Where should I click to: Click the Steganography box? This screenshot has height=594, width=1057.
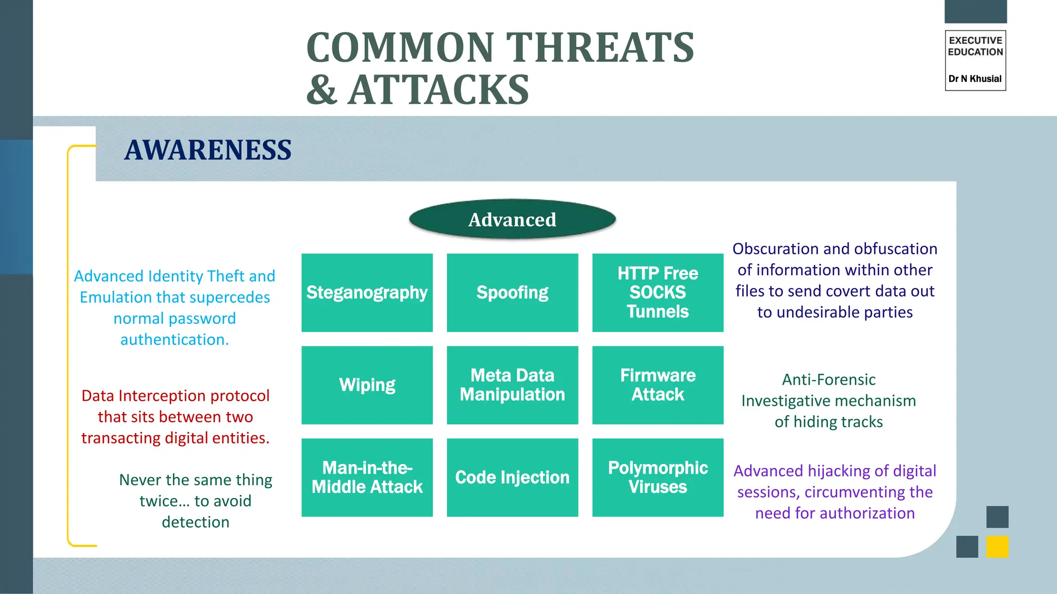click(x=367, y=292)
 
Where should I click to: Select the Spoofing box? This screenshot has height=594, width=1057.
click(x=512, y=292)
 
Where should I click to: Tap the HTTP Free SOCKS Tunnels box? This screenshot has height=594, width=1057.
click(x=658, y=292)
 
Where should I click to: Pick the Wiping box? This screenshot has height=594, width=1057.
click(x=367, y=385)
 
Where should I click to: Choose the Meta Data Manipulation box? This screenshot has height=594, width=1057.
click(x=512, y=385)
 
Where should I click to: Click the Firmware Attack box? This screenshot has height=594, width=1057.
click(x=658, y=385)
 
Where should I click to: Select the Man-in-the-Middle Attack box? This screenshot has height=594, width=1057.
click(x=367, y=477)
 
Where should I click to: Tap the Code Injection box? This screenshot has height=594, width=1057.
click(x=512, y=477)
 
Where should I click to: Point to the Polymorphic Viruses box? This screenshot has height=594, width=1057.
click(x=658, y=477)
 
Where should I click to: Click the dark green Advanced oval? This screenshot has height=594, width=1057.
click(x=512, y=220)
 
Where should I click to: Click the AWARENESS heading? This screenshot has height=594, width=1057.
click(x=208, y=150)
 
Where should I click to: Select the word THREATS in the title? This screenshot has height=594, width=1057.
click(x=599, y=47)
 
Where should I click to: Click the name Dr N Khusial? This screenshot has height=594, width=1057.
click(x=975, y=79)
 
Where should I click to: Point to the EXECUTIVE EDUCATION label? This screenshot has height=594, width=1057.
click(x=975, y=46)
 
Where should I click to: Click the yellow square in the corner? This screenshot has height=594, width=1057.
click(x=997, y=547)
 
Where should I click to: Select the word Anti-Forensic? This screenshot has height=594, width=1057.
click(x=828, y=379)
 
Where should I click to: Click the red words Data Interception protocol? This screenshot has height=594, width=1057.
click(x=175, y=395)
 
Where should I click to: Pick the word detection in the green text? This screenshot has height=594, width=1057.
click(x=195, y=522)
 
